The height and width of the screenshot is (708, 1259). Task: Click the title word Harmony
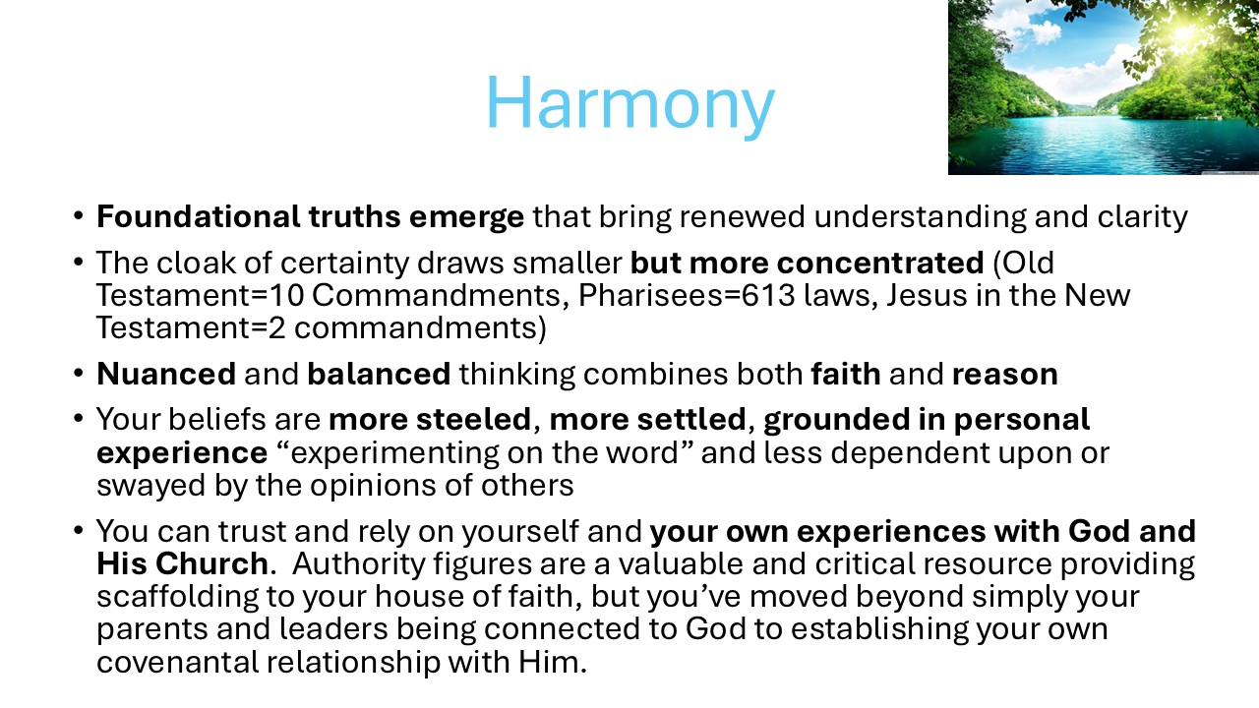click(x=630, y=104)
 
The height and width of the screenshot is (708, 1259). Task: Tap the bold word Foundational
click(x=199, y=216)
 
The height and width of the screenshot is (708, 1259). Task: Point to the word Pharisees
click(x=650, y=295)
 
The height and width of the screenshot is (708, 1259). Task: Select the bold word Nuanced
click(x=166, y=374)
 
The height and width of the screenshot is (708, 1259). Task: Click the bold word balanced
click(x=379, y=374)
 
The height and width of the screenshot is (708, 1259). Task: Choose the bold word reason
click(x=1005, y=375)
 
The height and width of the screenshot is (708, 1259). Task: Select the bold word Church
click(x=211, y=563)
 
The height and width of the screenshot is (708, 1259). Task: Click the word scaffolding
click(x=177, y=596)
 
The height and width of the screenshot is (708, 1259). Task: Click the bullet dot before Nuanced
click(x=78, y=374)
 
